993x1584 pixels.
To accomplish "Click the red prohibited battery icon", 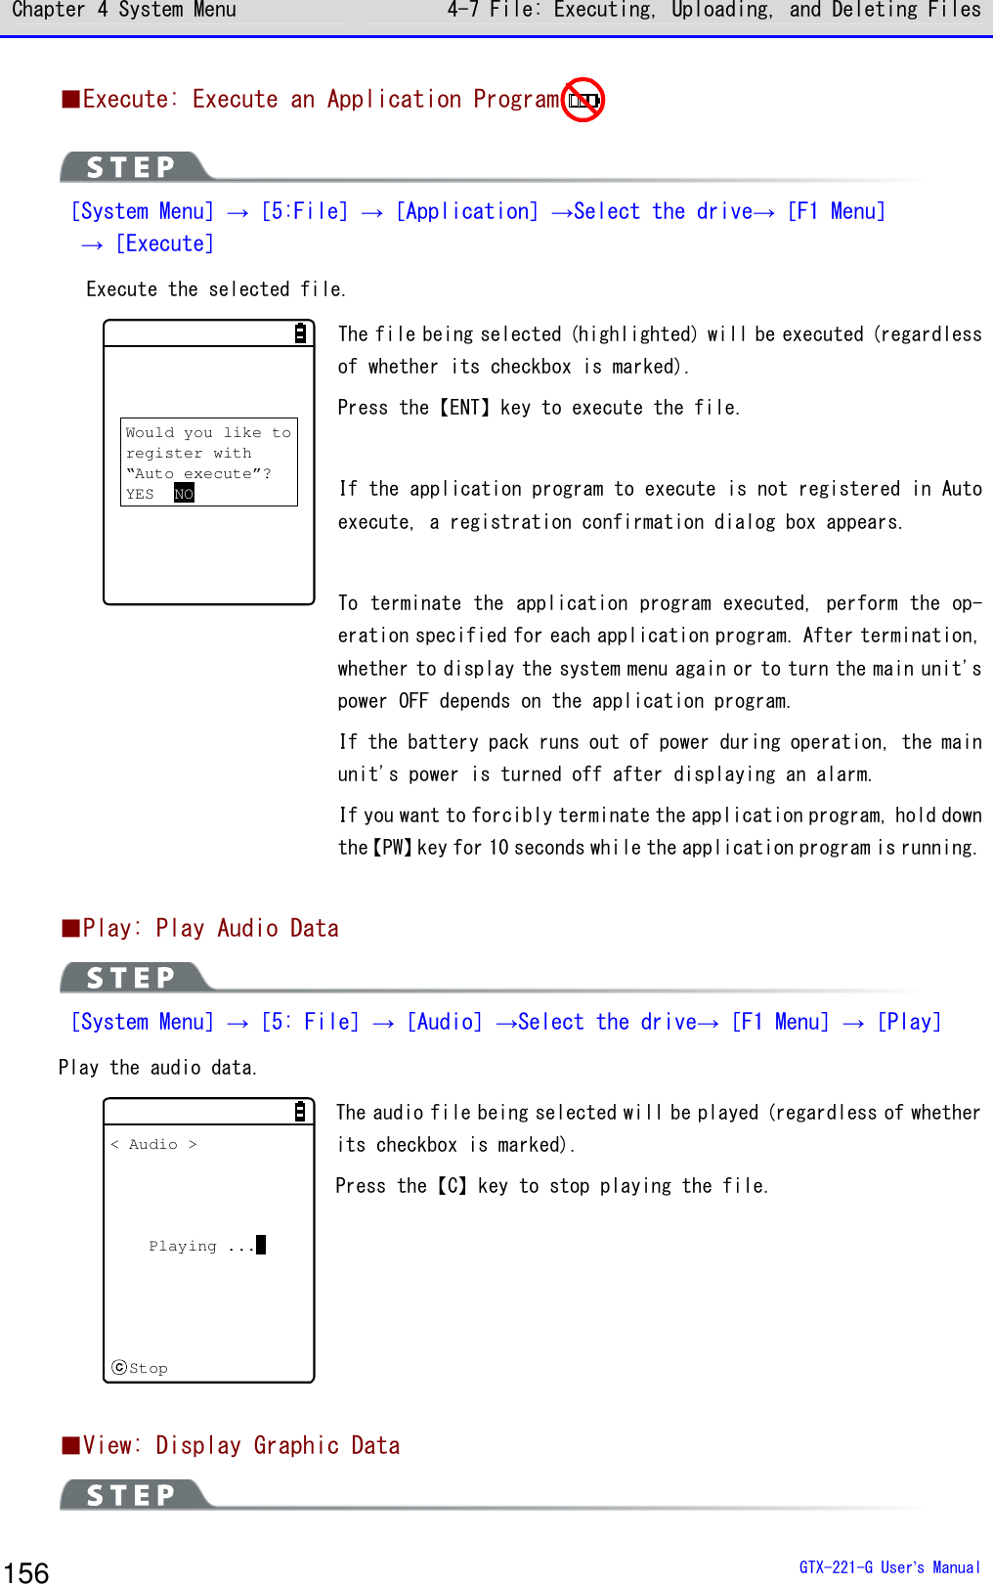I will point(583,100).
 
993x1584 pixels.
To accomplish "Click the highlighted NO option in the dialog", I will point(184,494).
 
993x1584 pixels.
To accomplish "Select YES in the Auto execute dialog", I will point(140,494).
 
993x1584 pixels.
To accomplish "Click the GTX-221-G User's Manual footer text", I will point(888,1567).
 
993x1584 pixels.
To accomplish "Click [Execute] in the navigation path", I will point(164,243).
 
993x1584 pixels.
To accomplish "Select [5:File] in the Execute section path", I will point(304,211).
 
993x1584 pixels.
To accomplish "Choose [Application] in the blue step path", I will point(466,211).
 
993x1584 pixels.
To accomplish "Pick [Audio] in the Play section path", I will point(445,1022).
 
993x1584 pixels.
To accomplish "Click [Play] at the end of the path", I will point(909,1022).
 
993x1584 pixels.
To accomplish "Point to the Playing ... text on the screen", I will point(200,1246).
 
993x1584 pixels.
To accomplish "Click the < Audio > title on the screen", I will point(153,1144).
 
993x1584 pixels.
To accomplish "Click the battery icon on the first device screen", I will point(301,333).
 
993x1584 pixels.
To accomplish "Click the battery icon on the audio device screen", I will point(300,1112).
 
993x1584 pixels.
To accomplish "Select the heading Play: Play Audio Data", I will point(201,928).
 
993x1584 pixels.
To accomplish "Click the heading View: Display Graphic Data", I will point(232,1445).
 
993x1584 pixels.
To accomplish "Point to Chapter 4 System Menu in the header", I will point(124,11).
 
